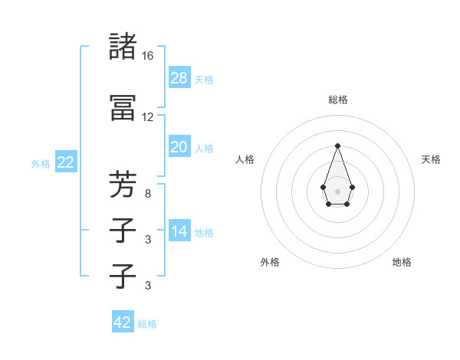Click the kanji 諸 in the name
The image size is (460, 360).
(x=123, y=47)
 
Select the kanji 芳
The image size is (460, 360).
(x=123, y=185)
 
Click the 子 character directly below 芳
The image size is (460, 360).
(x=123, y=230)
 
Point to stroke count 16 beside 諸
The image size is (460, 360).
(x=148, y=56)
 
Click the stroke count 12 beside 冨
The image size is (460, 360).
(x=148, y=117)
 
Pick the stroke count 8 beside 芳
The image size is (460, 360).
(x=148, y=195)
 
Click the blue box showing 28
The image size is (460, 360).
(x=179, y=77)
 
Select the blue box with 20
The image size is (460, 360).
(x=179, y=147)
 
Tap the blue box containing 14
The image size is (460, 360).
(x=179, y=231)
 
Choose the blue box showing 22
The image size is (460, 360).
(x=66, y=162)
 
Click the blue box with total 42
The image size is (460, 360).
(x=123, y=322)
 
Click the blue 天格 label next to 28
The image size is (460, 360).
(x=204, y=80)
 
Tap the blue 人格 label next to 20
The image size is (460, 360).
(x=204, y=149)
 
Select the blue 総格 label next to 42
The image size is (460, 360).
(x=147, y=324)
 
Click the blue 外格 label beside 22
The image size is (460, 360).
(x=41, y=164)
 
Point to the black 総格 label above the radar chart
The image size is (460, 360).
(x=338, y=100)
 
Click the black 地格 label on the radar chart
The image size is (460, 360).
(x=402, y=262)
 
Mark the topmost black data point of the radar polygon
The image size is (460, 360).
(x=337, y=145)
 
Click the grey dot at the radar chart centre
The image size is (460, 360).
(x=337, y=191)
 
